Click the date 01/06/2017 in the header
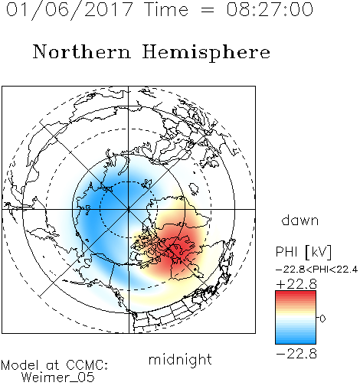click(x=70, y=10)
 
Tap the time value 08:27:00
click(x=270, y=9)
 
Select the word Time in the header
click(x=166, y=9)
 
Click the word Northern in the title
click(x=82, y=51)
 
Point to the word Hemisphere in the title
click(x=206, y=53)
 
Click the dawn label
click(x=300, y=220)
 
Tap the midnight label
click(x=180, y=359)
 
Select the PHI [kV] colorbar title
click(x=303, y=252)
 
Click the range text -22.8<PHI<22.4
click(x=317, y=270)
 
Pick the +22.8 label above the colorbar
click(x=296, y=284)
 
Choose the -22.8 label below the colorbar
click(x=296, y=354)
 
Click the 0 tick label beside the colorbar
click(x=322, y=319)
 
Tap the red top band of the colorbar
click(x=296, y=295)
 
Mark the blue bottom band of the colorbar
click(x=296, y=340)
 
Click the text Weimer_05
click(x=58, y=378)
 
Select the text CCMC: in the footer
click(x=87, y=365)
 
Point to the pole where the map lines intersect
click(x=128, y=209)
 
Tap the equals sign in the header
click(x=207, y=11)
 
